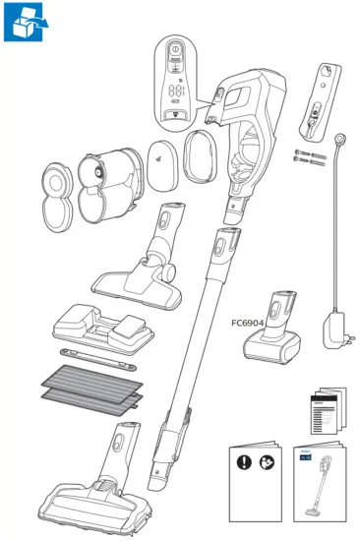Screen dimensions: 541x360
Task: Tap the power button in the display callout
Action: pos(174,50)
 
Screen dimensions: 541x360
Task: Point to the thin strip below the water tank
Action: pos(99,353)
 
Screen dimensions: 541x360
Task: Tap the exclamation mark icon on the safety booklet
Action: pos(240,459)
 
